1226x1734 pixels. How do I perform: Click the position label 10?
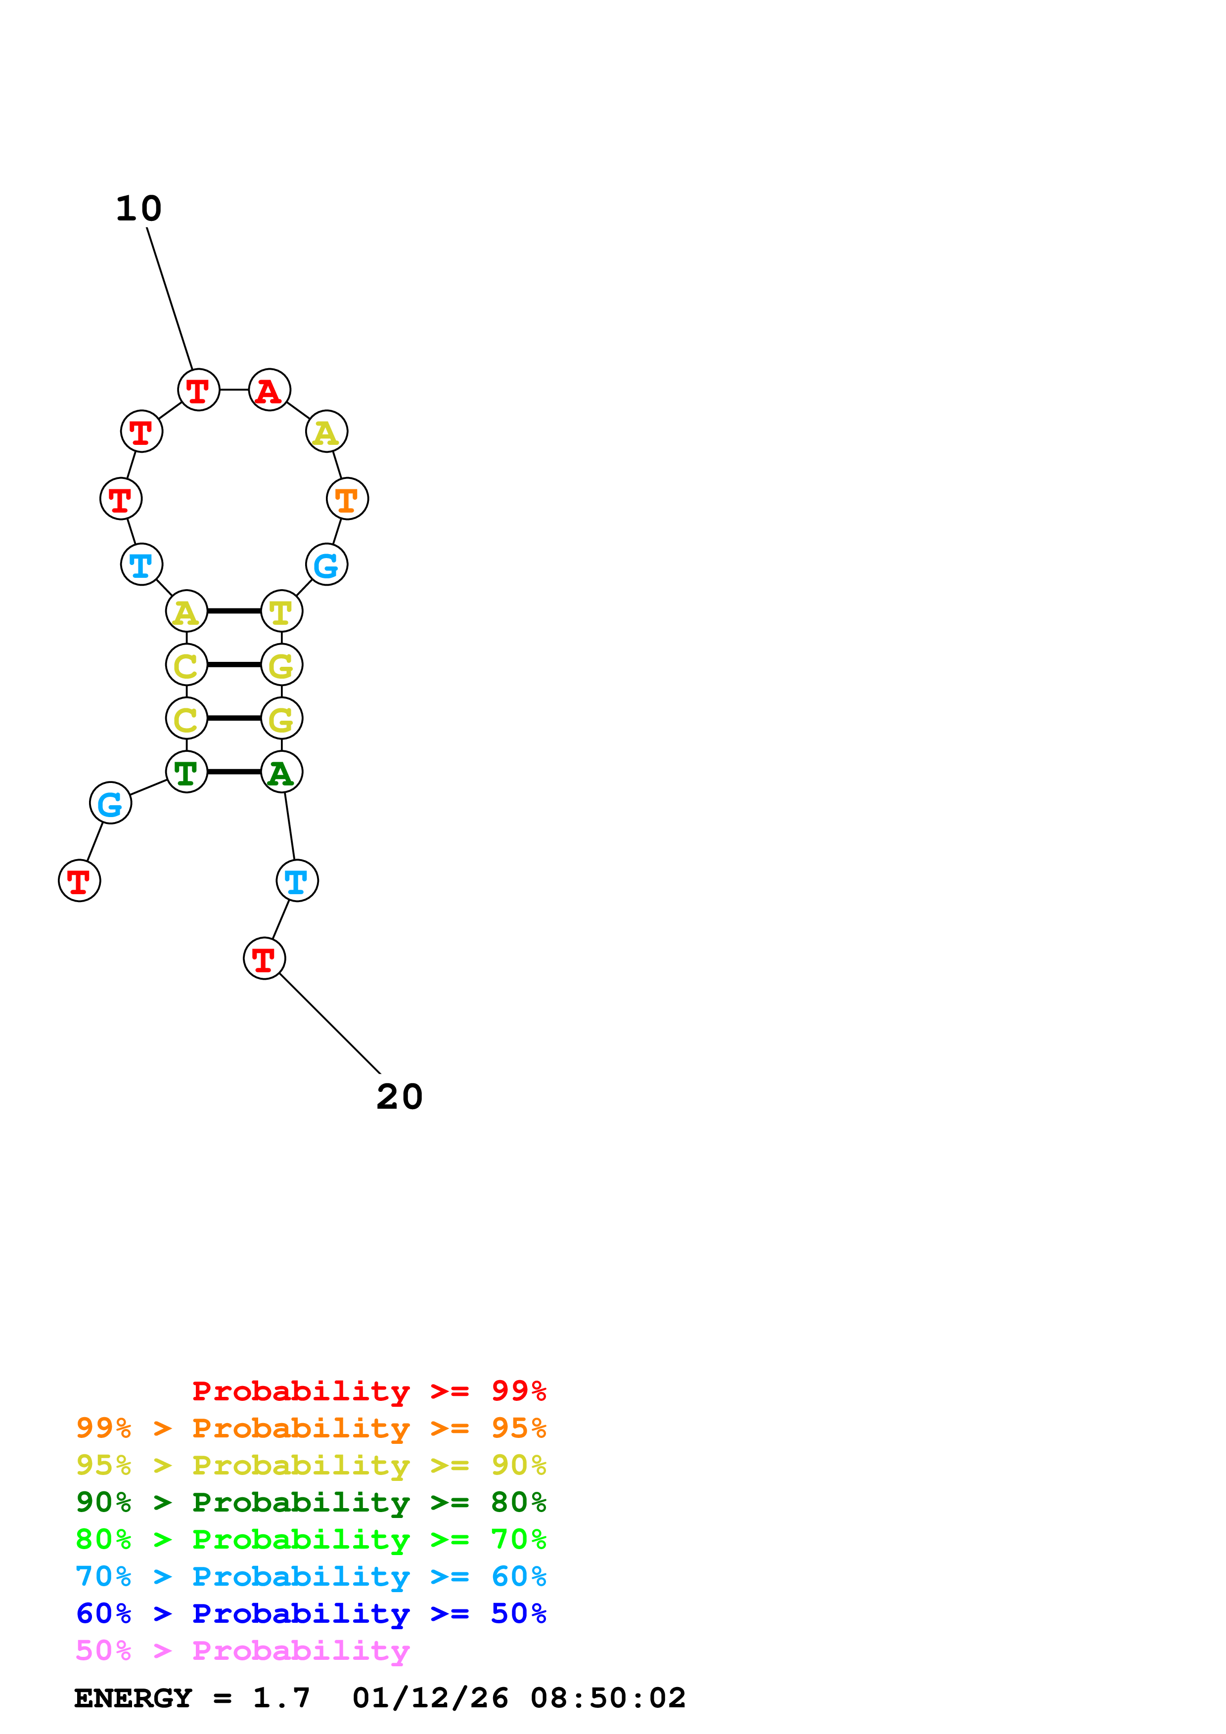pos(138,209)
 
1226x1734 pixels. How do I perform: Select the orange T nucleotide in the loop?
pos(347,499)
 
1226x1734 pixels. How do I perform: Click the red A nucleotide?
pos(269,390)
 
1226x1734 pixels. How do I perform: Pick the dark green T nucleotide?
pos(186,772)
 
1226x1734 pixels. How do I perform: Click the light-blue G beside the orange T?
pos(326,565)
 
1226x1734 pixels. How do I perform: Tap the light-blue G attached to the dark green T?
pos(110,804)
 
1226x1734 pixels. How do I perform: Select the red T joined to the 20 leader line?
pos(264,959)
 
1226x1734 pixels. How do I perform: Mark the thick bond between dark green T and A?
pos(233,772)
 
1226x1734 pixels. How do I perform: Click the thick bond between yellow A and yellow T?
pos(233,611)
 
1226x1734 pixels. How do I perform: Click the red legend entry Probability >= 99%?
pos(368,1391)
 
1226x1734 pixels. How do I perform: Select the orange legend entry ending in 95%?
pos(311,1428)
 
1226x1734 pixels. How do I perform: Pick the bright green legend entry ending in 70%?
pos(311,1539)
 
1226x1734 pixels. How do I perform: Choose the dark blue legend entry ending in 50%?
pos(311,1613)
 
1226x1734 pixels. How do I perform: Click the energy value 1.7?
pos(281,1698)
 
